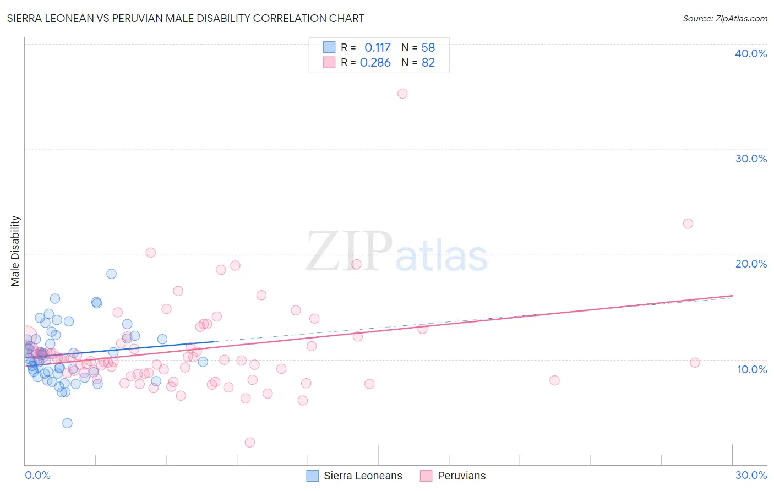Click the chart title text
(x=186, y=18)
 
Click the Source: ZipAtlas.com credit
(x=724, y=18)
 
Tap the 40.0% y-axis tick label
(x=751, y=53)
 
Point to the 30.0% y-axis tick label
(x=751, y=159)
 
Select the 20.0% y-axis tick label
(x=751, y=264)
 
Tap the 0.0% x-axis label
(x=37, y=475)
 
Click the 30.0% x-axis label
(x=751, y=475)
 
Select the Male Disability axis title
(x=15, y=250)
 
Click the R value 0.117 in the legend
(x=377, y=47)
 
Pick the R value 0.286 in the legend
(x=375, y=62)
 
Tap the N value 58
(x=428, y=47)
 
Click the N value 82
(x=428, y=62)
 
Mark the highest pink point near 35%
(x=402, y=94)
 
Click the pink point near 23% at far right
(x=688, y=223)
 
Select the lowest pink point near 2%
(x=249, y=442)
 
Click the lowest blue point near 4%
(x=67, y=423)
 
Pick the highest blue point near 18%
(x=111, y=274)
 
